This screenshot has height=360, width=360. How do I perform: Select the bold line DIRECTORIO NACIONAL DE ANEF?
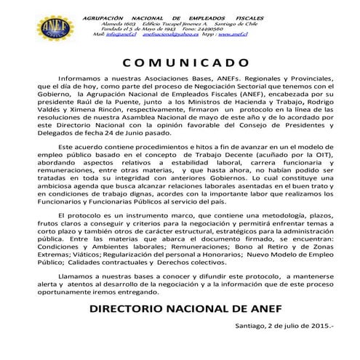pyautogui.click(x=180, y=350)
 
